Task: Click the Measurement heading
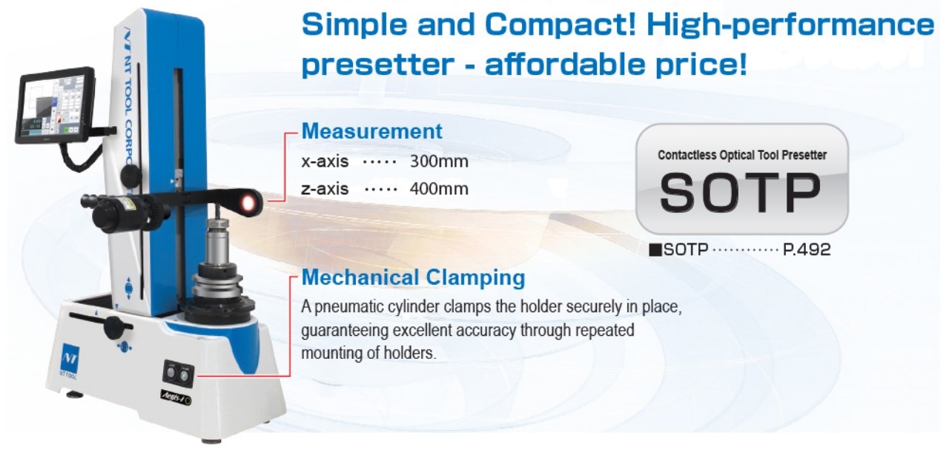[371, 131]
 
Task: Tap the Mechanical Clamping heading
[413, 278]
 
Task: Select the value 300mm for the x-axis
[439, 162]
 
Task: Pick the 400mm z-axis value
[439, 188]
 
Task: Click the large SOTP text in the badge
[740, 192]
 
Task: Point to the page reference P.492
[806, 249]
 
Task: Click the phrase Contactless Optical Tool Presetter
[742, 155]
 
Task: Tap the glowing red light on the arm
[248, 203]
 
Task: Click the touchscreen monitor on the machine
[55, 105]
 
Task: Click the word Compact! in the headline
[560, 24]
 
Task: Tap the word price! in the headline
[701, 65]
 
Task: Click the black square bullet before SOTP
[655, 250]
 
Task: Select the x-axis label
[325, 162]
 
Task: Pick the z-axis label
[325, 188]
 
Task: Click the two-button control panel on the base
[179, 374]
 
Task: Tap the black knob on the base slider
[113, 327]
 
